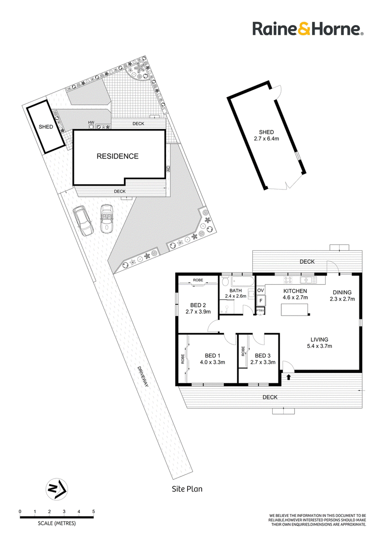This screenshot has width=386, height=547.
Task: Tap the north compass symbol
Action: tap(57, 489)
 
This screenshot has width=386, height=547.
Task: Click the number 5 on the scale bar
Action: tap(94, 511)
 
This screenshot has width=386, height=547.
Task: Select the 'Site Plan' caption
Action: tap(187, 489)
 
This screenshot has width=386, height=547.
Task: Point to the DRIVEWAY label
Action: tap(143, 376)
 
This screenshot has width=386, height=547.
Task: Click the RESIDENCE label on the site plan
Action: tap(117, 156)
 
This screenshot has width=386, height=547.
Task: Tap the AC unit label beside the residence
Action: tap(168, 168)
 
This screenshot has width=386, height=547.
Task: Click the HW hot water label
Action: tap(91, 122)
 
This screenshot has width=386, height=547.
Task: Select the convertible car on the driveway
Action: tap(106, 218)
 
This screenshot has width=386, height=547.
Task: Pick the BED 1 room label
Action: tap(210, 356)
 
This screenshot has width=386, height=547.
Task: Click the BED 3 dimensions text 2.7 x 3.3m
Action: tap(262, 362)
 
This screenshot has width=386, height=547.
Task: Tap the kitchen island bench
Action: tap(295, 309)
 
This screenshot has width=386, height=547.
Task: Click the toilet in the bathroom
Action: tap(225, 281)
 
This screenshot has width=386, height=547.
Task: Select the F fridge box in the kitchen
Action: tap(261, 301)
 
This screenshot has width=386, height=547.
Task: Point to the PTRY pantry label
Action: tap(260, 311)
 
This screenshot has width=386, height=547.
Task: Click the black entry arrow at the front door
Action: tap(289, 377)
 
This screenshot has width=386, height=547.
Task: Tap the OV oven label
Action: tap(261, 290)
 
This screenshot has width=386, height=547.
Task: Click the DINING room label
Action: tap(342, 292)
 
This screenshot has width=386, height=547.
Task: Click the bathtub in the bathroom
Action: tap(243, 282)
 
